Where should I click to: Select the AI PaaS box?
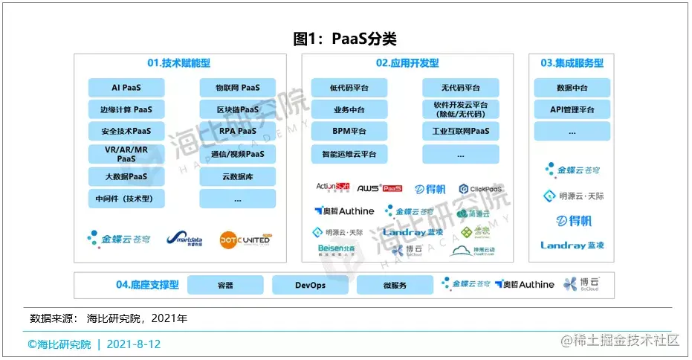pos(126,88)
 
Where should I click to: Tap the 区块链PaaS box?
pos(237,110)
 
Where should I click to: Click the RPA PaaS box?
pos(237,132)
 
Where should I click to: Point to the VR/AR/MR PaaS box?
pos(126,154)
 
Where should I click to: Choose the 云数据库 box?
pos(237,176)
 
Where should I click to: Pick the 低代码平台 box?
pos(349,88)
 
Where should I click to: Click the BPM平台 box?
pos(349,132)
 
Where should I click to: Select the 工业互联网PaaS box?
pos(460,132)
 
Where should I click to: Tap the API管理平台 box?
pos(572,109)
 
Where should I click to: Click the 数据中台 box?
pos(572,88)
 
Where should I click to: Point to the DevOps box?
pos(310,285)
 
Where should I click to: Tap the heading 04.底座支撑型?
pos(147,285)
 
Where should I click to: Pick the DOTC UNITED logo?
pos(245,239)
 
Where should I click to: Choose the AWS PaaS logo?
pos(379,188)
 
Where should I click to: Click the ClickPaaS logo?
pos(481,189)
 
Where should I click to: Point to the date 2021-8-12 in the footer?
pos(134,344)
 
